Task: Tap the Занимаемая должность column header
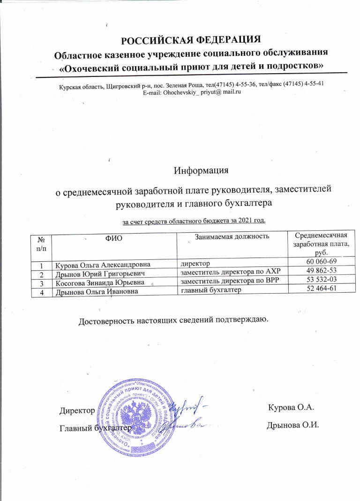232,235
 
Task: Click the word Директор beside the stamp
77,411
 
